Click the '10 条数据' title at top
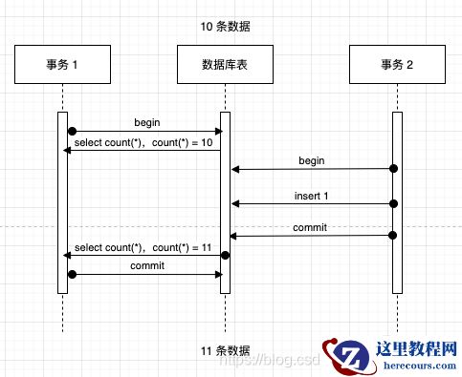point(226,26)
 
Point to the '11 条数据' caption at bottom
point(226,350)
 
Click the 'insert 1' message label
point(311,196)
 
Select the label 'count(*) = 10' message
point(182,143)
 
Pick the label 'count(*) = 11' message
point(182,247)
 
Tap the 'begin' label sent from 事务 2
point(311,161)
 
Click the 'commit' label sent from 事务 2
point(311,228)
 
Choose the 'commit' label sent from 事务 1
point(146,266)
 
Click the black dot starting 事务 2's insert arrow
point(393,203)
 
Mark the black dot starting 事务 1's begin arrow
point(71,131)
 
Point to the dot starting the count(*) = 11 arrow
point(226,255)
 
